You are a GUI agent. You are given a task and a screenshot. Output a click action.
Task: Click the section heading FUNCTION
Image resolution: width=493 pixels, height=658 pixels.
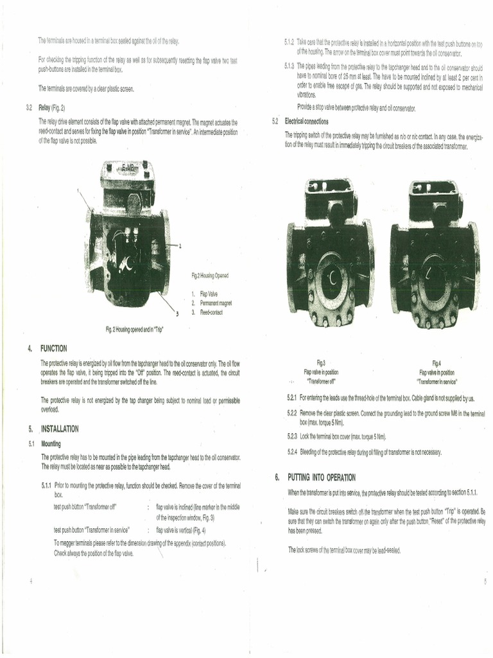pyautogui.click(x=54, y=348)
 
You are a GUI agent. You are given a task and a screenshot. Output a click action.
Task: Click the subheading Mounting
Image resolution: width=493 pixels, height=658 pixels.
pyautogui.click(x=51, y=443)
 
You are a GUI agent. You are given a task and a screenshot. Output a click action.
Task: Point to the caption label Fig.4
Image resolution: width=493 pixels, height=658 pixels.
pyautogui.click(x=437, y=363)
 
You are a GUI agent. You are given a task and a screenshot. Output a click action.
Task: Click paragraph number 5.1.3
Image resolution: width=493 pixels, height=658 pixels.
pyautogui.click(x=289, y=66)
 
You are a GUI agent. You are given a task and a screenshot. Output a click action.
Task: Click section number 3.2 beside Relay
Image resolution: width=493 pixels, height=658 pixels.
pyautogui.click(x=30, y=107)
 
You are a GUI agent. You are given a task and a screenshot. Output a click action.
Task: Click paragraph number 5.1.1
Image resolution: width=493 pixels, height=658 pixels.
pyautogui.click(x=46, y=486)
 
